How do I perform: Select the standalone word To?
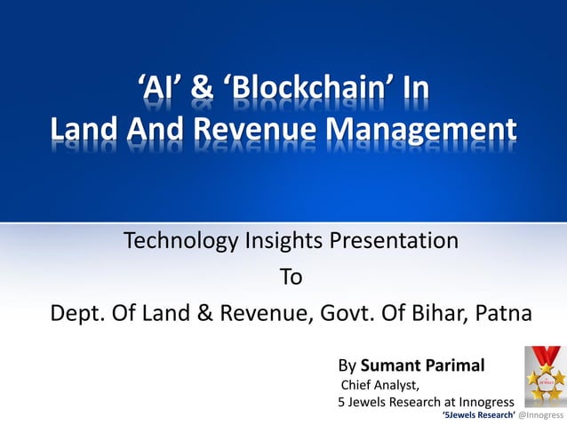(291, 277)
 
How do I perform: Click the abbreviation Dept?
(76, 315)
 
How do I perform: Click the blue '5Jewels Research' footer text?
(478, 415)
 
